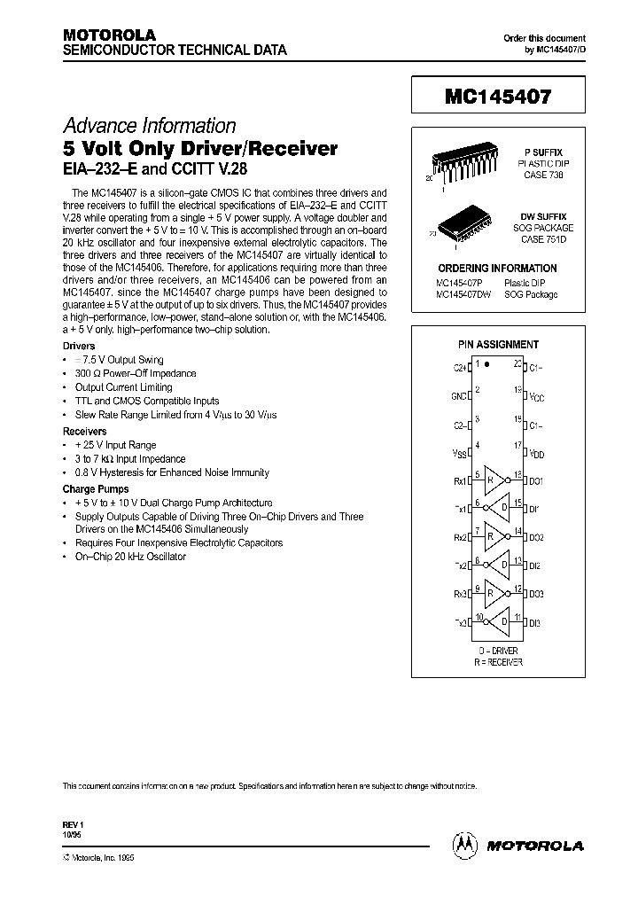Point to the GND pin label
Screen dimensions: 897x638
click(x=458, y=394)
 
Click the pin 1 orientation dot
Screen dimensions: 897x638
click(x=486, y=364)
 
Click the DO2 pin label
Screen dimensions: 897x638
click(x=536, y=537)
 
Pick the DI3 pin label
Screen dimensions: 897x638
click(x=535, y=622)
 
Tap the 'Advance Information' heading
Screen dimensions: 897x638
click(x=149, y=126)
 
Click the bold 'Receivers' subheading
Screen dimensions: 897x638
click(x=85, y=432)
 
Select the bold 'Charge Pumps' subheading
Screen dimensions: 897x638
click(x=95, y=488)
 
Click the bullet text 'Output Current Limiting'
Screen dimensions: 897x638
click(x=123, y=387)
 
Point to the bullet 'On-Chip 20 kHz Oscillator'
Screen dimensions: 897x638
click(x=130, y=557)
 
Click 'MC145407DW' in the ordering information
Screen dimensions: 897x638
click(x=462, y=294)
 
